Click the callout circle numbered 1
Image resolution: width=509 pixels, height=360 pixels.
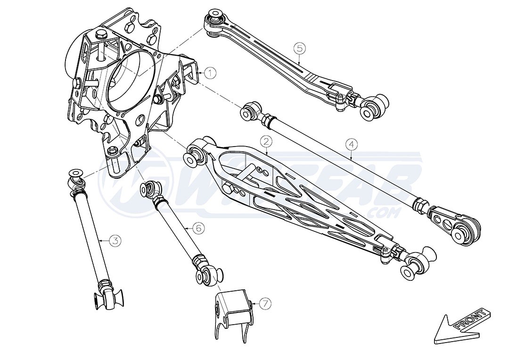(210, 73)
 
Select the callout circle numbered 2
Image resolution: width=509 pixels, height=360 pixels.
(266, 141)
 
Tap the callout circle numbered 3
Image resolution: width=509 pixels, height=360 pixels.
(115, 240)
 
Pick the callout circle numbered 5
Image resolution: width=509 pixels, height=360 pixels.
(300, 48)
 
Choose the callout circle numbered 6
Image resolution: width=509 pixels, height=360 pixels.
(198, 228)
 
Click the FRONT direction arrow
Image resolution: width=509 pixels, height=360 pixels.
(460, 327)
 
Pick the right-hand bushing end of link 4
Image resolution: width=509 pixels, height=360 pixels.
(465, 230)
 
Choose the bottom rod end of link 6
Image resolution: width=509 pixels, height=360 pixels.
(210, 275)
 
